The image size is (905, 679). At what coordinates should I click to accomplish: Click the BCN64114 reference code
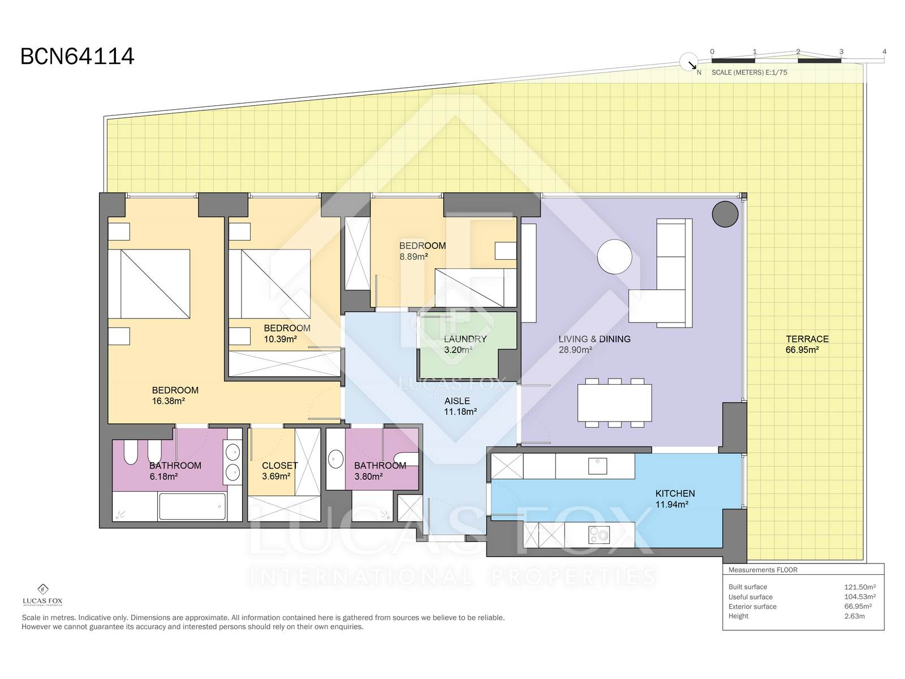click(x=77, y=57)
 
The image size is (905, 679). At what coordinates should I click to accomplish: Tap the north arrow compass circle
click(x=688, y=62)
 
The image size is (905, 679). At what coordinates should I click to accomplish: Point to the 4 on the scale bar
click(x=884, y=51)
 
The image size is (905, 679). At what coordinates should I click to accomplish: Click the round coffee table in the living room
click(x=614, y=256)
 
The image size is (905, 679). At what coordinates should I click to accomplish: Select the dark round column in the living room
click(x=725, y=214)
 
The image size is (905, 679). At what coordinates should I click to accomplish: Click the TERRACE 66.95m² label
click(x=807, y=344)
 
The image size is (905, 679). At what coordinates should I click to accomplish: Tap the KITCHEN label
click(x=675, y=493)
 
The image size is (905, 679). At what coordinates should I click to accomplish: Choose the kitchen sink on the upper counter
click(x=597, y=466)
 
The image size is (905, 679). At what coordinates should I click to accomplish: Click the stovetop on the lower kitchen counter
click(x=598, y=535)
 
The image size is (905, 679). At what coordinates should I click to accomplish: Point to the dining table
click(x=614, y=402)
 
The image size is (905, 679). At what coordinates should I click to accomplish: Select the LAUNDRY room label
click(x=465, y=339)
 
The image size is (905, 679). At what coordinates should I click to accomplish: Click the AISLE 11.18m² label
click(x=460, y=406)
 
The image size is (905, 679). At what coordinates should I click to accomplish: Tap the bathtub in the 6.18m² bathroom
click(x=192, y=506)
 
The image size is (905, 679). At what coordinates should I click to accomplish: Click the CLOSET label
click(x=279, y=466)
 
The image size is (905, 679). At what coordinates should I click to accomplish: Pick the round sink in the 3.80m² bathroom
click(x=335, y=459)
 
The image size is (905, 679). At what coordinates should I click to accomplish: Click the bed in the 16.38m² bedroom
click(x=149, y=283)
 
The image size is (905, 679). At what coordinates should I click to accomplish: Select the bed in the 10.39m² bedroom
click(x=270, y=283)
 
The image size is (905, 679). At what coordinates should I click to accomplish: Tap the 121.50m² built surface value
click(x=860, y=587)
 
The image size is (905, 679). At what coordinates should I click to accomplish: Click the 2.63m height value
click(x=854, y=616)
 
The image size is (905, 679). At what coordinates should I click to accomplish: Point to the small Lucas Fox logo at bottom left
click(x=42, y=595)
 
